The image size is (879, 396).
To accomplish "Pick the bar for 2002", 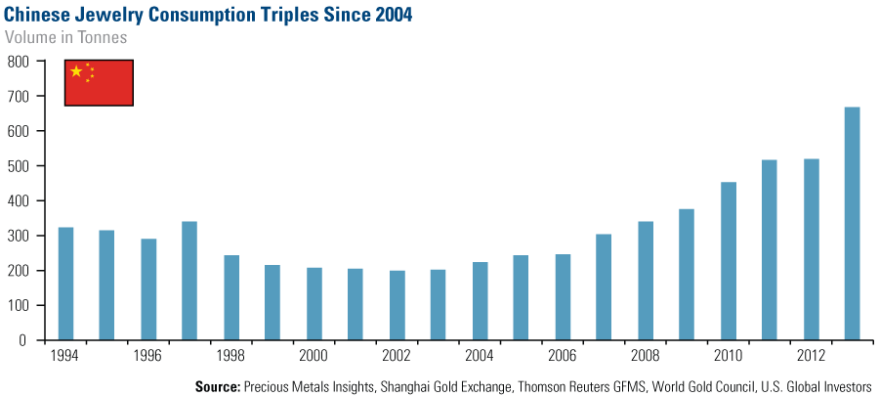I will pyautogui.click(x=397, y=305).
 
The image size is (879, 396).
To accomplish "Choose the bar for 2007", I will pyautogui.click(x=604, y=287).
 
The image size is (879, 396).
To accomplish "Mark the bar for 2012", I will pyautogui.click(x=811, y=249).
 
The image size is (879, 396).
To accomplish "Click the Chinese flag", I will pyautogui.click(x=99, y=83).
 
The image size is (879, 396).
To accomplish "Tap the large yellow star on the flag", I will pyautogui.click(x=76, y=71).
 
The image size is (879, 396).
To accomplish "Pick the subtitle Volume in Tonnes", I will pyautogui.click(x=66, y=37).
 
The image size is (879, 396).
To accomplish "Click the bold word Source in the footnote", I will pyautogui.click(x=218, y=385).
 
